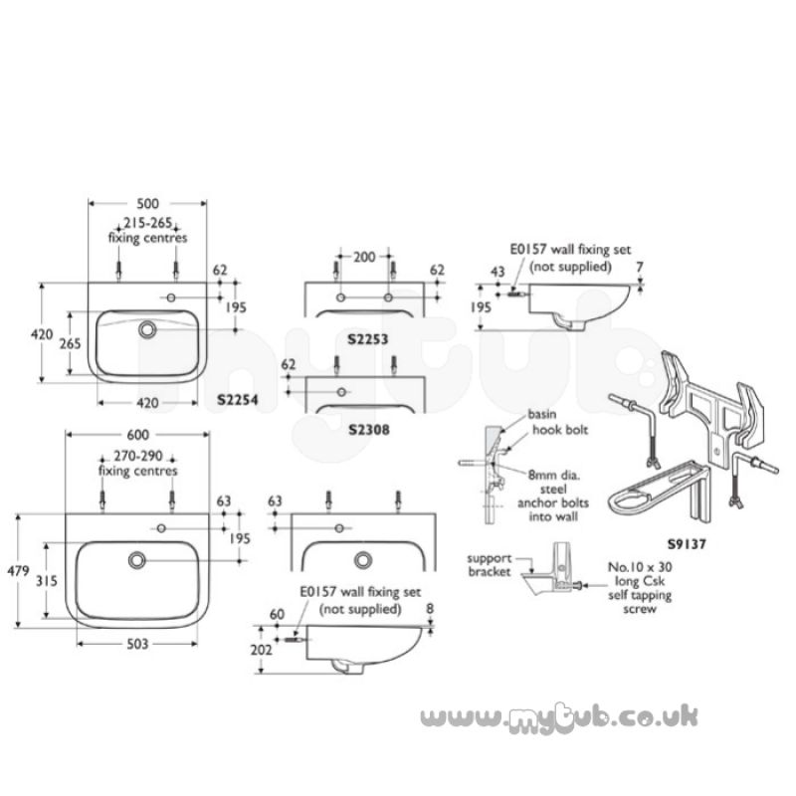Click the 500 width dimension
pos(147,204)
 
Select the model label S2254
pos(238,400)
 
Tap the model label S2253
pos(367,339)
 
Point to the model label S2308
pos(369,430)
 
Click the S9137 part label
pos(687,544)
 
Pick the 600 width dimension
pos(138,435)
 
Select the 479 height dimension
pos(18,571)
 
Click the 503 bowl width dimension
pos(137,644)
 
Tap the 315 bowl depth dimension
pos(47,581)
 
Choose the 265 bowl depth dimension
pos(70,343)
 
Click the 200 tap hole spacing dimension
pos(364,257)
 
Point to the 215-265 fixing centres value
pos(148,223)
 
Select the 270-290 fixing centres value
pos(138,456)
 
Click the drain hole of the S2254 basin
pos(147,329)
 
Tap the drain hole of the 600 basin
pos(137,560)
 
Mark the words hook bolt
pos(560,430)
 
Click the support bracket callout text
pos(490,565)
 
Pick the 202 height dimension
pos(262,650)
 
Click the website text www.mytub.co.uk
pos(559,717)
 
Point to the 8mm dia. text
pos(554,476)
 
